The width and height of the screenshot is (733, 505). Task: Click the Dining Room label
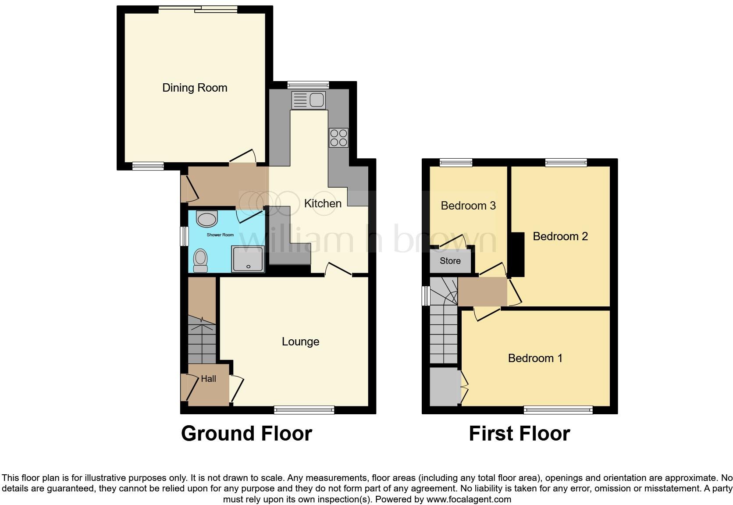[195, 88]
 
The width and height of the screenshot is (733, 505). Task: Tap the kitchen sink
[308, 100]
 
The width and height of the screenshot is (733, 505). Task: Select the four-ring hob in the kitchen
[338, 138]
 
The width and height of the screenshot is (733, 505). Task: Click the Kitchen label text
[323, 203]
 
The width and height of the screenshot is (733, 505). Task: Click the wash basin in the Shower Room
[206, 218]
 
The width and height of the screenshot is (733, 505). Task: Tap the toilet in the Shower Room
[201, 260]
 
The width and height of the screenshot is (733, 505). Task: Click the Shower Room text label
[220, 235]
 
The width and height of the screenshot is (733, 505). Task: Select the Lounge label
[300, 341]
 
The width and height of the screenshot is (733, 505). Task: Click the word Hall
[208, 379]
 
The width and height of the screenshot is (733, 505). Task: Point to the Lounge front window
[304, 410]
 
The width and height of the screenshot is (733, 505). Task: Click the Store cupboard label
[450, 261]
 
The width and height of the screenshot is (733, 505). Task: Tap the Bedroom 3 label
[468, 206]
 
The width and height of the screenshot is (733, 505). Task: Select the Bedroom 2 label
[560, 236]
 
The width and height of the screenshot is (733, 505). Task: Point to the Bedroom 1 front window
[558, 410]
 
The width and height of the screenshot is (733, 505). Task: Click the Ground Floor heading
[246, 434]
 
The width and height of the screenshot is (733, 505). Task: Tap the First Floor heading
[519, 434]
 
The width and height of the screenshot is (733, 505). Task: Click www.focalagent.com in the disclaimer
[469, 499]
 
